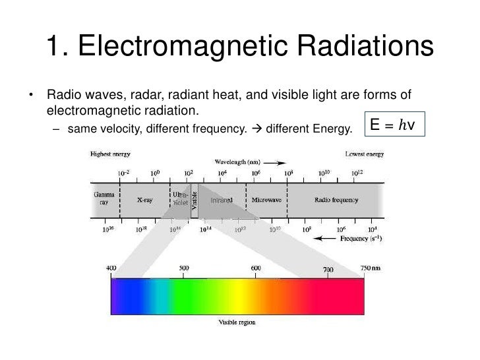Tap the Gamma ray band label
pos(104,198)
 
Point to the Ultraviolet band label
pos(180,199)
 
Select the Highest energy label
pos(110,154)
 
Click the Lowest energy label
pos(365,154)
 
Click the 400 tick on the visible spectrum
pos(111,268)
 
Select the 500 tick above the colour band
pos(184,268)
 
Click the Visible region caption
pos(237,322)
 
